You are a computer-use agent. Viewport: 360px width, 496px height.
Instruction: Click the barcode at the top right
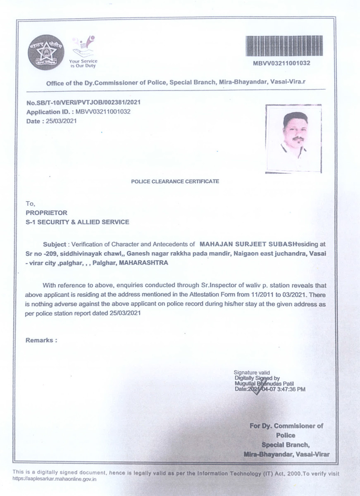coord(284,46)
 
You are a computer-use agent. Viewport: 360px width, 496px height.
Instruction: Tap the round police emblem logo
coord(46,52)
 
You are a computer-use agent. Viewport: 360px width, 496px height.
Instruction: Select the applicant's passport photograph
coord(293,138)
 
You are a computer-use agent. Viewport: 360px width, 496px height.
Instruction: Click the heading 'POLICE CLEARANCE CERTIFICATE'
coord(175,181)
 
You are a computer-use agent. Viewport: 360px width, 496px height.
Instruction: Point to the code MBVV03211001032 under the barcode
coord(281,63)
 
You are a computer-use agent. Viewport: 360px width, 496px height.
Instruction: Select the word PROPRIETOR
coord(46,213)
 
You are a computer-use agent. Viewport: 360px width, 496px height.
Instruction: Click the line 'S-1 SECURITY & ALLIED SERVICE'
coord(77,222)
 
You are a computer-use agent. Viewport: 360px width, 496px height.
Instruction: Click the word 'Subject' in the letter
coord(54,245)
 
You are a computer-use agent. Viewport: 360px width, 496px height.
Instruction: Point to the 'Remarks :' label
coord(41,340)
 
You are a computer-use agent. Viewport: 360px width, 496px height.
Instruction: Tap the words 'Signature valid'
coord(252,373)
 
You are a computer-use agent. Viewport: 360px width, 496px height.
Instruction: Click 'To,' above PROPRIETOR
coord(31,204)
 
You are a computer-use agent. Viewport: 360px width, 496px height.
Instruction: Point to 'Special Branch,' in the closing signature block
coord(286,445)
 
